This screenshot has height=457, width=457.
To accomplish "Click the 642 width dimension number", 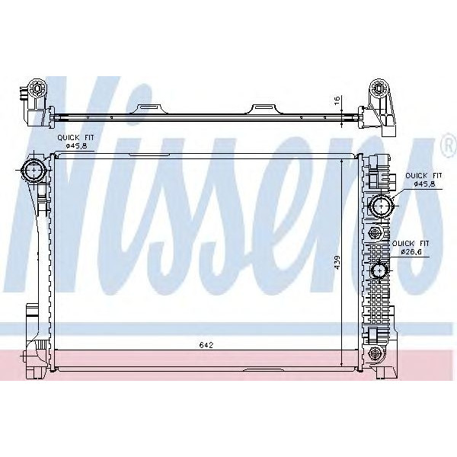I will (x=206, y=345).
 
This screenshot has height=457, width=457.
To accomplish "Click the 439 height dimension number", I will (x=336, y=263).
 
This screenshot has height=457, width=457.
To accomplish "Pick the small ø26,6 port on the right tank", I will (x=379, y=270).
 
